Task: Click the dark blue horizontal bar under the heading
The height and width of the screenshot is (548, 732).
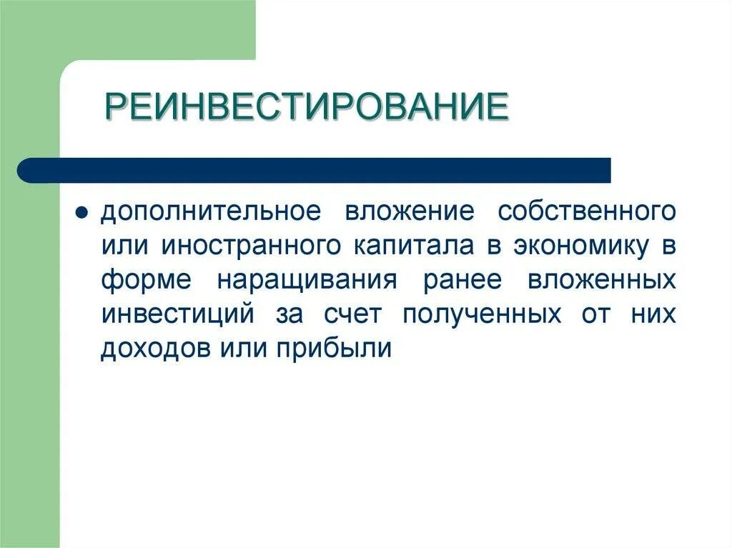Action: [315, 170]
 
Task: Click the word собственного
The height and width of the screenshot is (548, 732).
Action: [586, 212]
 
